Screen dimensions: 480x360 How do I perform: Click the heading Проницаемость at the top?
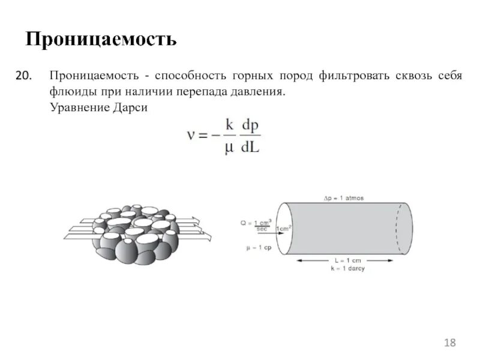click(101, 40)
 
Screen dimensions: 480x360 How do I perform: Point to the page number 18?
click(450, 343)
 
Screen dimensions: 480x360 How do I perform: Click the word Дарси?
click(128, 108)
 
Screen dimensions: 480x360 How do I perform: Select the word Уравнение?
click(77, 108)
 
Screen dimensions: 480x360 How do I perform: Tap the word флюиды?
click(68, 92)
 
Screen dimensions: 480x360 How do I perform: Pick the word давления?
click(257, 92)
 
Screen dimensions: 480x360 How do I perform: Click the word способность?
click(191, 77)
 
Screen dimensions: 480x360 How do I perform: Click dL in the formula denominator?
click(250, 147)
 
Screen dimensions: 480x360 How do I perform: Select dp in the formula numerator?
click(249, 125)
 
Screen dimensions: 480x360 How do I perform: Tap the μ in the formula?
click(228, 148)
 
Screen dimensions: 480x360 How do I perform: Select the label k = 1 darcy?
click(346, 269)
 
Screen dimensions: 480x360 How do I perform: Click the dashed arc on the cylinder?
click(398, 228)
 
